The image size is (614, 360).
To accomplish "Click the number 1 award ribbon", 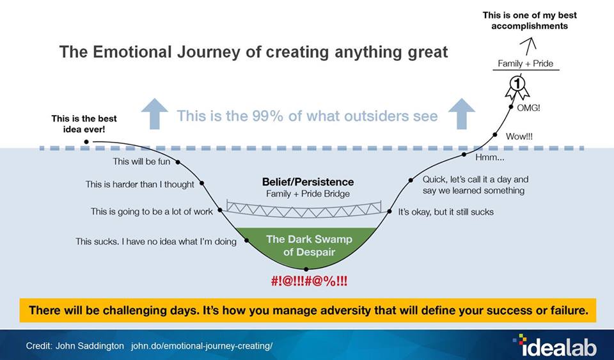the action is (517, 87).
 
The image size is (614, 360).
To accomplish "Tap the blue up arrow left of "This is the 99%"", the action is (154, 113).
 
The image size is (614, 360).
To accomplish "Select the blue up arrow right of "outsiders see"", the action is (461, 113).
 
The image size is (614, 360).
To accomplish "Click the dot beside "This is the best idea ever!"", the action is (86, 142).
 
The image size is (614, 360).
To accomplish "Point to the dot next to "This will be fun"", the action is (178, 162).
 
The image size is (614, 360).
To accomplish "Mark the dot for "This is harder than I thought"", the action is (202, 183).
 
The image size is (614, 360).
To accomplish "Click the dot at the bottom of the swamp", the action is (306, 269).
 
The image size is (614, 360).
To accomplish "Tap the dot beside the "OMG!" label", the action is (511, 106).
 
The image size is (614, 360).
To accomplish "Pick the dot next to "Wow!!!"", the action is (495, 135).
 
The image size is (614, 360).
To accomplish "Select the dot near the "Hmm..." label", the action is (464, 155).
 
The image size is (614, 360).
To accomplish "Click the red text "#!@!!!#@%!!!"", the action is (309, 281).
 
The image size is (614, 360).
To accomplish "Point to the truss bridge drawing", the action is (304, 209).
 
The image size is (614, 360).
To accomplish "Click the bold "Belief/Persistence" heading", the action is (308, 182).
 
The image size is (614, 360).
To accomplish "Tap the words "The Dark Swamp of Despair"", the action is (309, 246).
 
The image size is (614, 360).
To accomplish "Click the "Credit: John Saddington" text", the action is (75, 347).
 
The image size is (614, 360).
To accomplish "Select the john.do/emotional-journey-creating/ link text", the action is (201, 347).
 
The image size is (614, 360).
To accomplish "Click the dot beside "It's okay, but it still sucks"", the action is (390, 211).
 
